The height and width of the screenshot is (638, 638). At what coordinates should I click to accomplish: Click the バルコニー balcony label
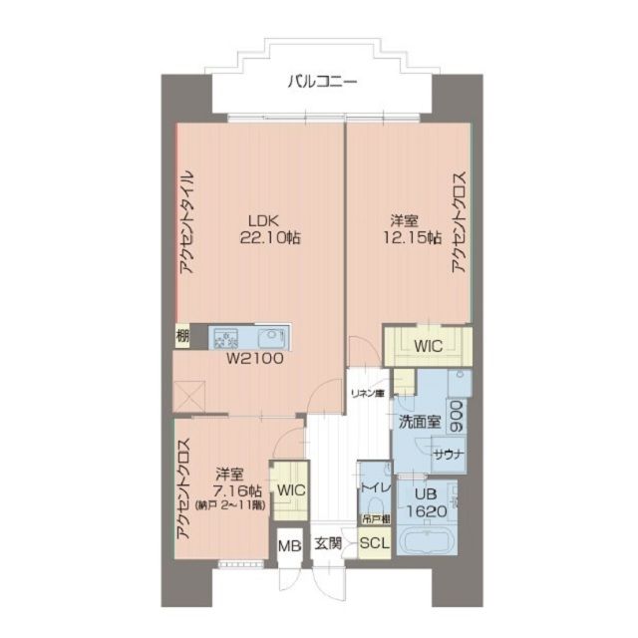tap(322, 82)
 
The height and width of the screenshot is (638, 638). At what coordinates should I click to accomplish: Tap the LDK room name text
tap(263, 220)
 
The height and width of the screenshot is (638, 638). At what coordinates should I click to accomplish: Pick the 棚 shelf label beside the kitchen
tap(181, 336)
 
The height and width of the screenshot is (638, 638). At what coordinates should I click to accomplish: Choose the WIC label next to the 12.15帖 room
tap(429, 347)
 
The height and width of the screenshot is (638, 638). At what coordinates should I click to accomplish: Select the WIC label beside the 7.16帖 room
tap(291, 489)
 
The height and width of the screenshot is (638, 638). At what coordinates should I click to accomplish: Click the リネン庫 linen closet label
tap(366, 394)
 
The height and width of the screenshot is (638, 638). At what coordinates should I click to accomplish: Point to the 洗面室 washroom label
tap(419, 422)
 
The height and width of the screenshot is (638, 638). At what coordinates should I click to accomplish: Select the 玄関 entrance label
tap(328, 544)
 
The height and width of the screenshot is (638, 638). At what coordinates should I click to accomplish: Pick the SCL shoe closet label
tap(374, 544)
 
